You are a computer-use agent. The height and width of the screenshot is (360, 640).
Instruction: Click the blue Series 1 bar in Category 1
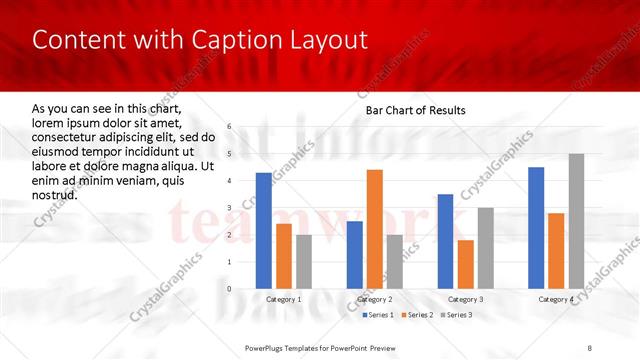pyautogui.click(x=264, y=230)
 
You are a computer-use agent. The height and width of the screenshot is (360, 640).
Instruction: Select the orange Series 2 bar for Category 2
pyautogui.click(x=374, y=229)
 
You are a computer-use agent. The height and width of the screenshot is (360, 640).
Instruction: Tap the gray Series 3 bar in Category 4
pyautogui.click(x=576, y=221)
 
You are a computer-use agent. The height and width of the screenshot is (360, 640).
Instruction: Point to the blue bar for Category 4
pyautogui.click(x=536, y=227)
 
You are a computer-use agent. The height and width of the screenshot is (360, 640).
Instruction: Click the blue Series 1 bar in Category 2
pyautogui.click(x=355, y=254)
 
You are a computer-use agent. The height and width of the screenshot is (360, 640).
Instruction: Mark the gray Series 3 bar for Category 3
pyautogui.click(x=486, y=248)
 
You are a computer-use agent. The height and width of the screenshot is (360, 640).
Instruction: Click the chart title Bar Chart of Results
pyautogui.click(x=415, y=110)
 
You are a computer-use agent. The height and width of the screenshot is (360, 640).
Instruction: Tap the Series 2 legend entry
pyautogui.click(x=416, y=315)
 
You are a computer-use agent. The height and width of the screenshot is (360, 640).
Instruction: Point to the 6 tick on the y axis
pyautogui.click(x=229, y=127)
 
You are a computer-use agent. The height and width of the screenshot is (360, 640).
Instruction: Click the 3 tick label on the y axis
pyautogui.click(x=229, y=208)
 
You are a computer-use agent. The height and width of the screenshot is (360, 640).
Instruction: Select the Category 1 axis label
pyautogui.click(x=284, y=299)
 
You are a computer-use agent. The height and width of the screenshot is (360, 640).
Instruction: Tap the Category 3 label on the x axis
pyautogui.click(x=466, y=299)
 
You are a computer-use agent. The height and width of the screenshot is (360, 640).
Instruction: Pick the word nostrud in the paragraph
pyautogui.click(x=54, y=195)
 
